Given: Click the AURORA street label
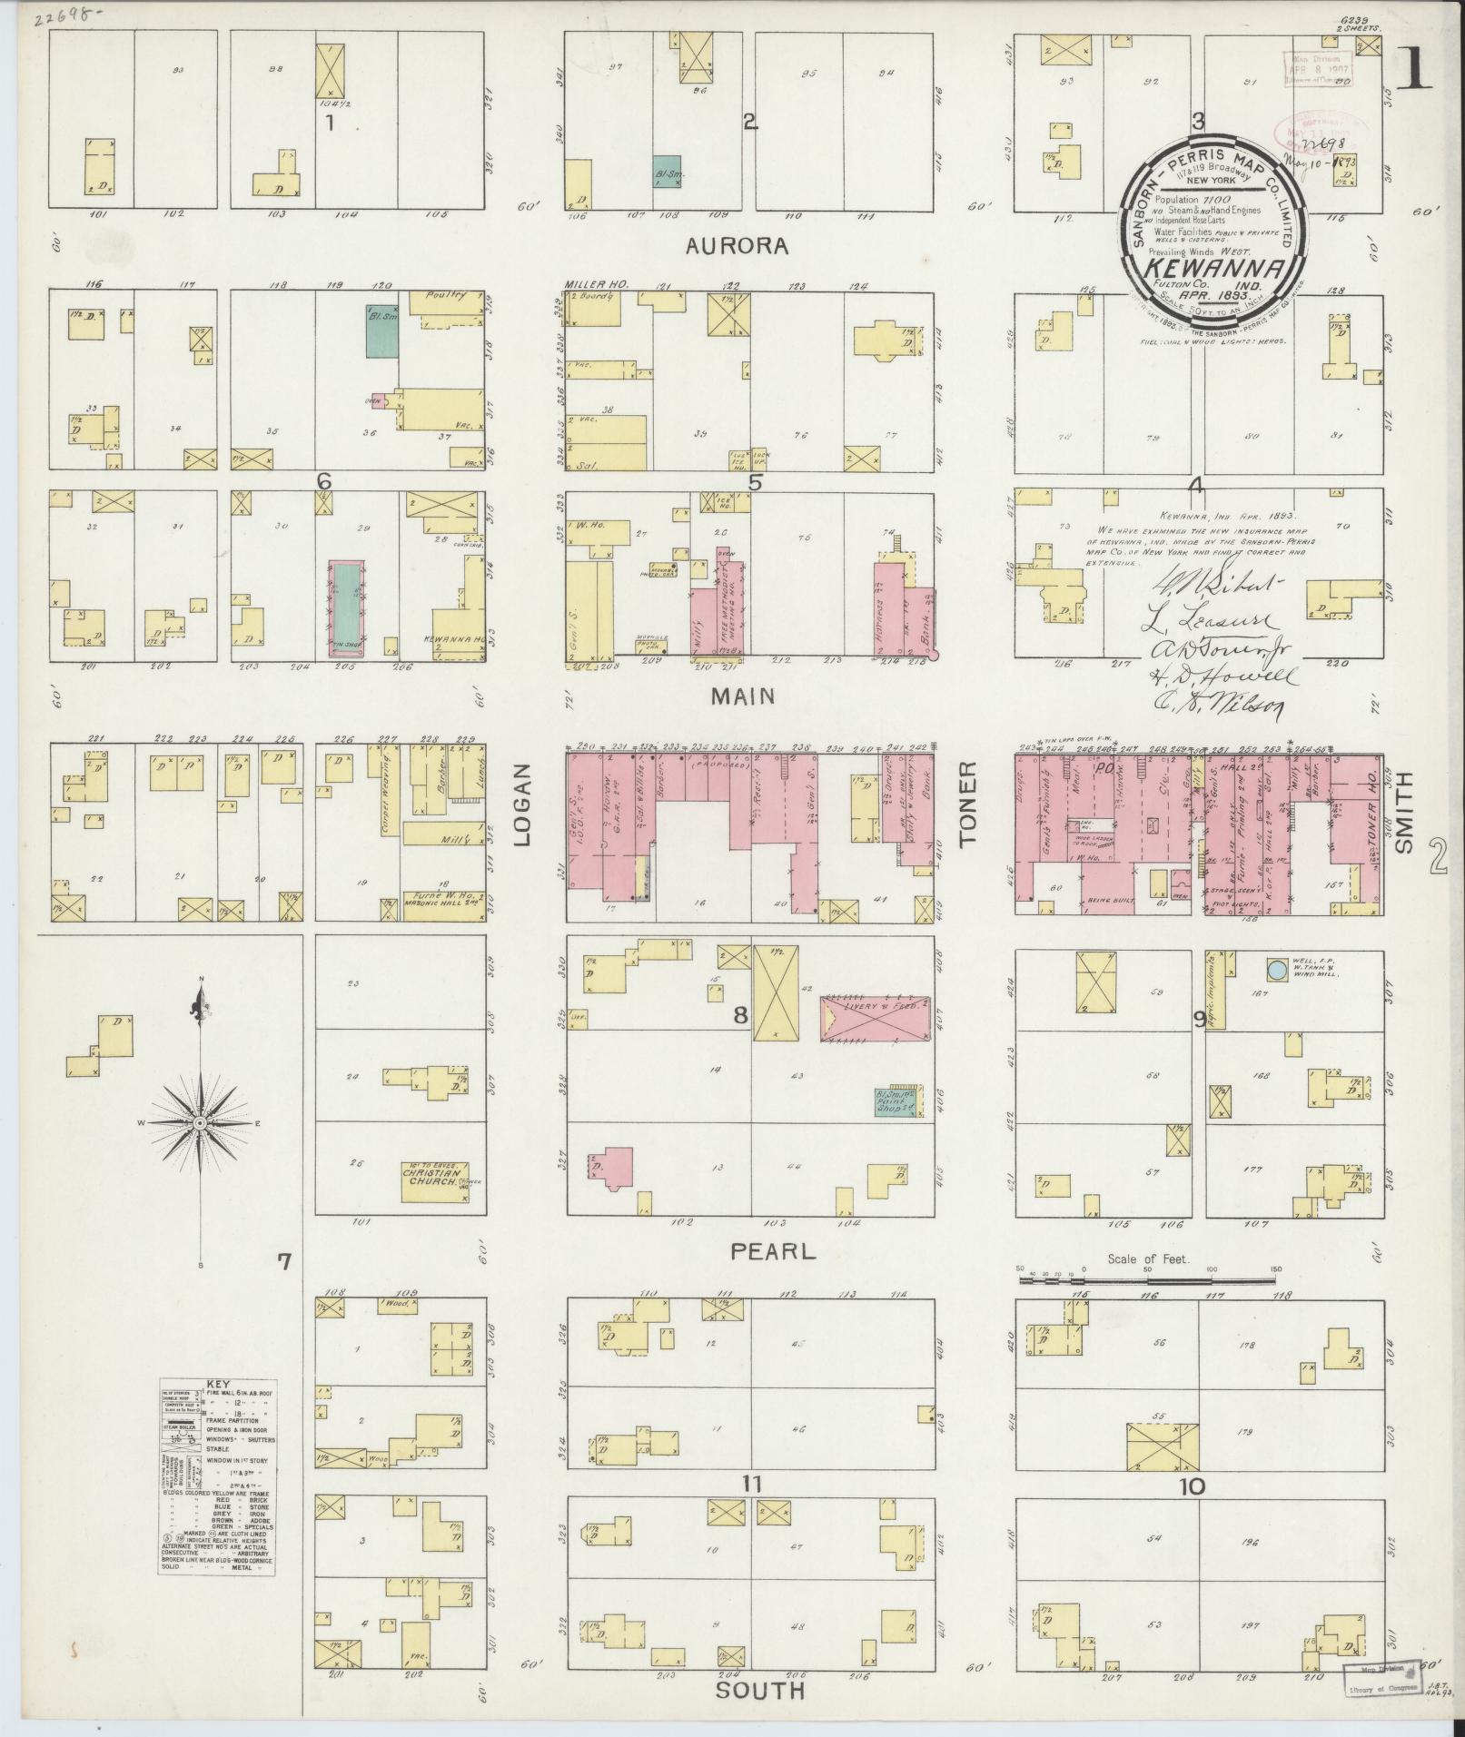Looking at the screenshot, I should [749, 246].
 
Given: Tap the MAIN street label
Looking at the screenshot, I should [743, 696].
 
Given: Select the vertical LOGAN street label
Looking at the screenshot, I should [522, 804].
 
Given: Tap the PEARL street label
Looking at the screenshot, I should [774, 1251].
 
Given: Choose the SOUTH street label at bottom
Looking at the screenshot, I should [759, 1690].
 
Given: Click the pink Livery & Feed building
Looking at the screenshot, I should [876, 1016].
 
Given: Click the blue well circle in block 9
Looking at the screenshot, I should [1275, 970].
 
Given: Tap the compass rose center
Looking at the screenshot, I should [199, 1123].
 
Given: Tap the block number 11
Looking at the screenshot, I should [750, 1484].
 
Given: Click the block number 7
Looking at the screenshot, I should [284, 1260].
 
